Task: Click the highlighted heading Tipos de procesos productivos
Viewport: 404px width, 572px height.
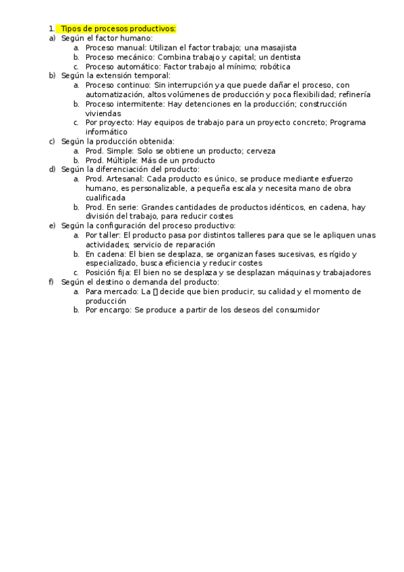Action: (x=118, y=28)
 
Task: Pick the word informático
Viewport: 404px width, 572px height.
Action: (x=107, y=132)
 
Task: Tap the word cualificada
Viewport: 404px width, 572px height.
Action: (x=105, y=198)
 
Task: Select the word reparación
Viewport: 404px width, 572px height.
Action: (x=192, y=244)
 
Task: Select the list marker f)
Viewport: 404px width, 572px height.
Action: (x=51, y=281)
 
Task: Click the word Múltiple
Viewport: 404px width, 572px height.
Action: (x=123, y=161)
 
